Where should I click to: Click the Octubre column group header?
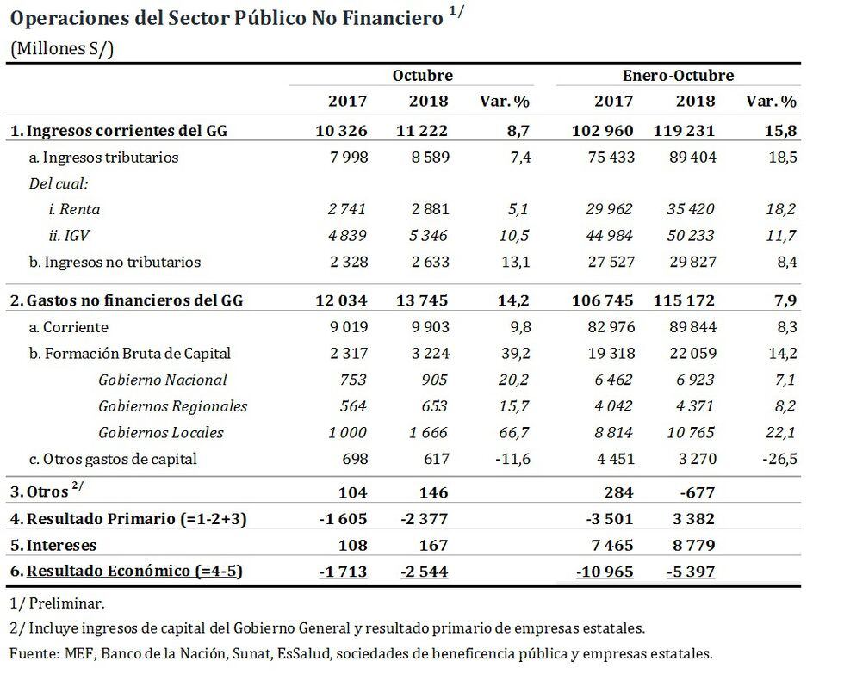click(422, 76)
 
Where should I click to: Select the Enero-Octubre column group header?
click(678, 76)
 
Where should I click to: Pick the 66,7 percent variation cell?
click(512, 432)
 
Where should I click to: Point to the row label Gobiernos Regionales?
click(172, 406)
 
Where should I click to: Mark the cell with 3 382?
click(691, 519)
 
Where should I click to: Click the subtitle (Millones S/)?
click(61, 48)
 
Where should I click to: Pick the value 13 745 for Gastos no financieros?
click(422, 300)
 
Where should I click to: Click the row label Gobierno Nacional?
click(163, 380)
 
